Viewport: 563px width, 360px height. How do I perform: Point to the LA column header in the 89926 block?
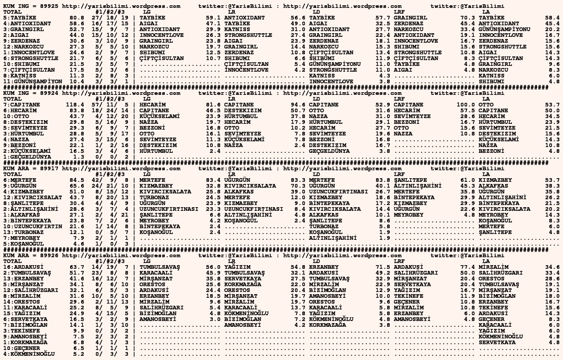(x=486, y=261)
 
